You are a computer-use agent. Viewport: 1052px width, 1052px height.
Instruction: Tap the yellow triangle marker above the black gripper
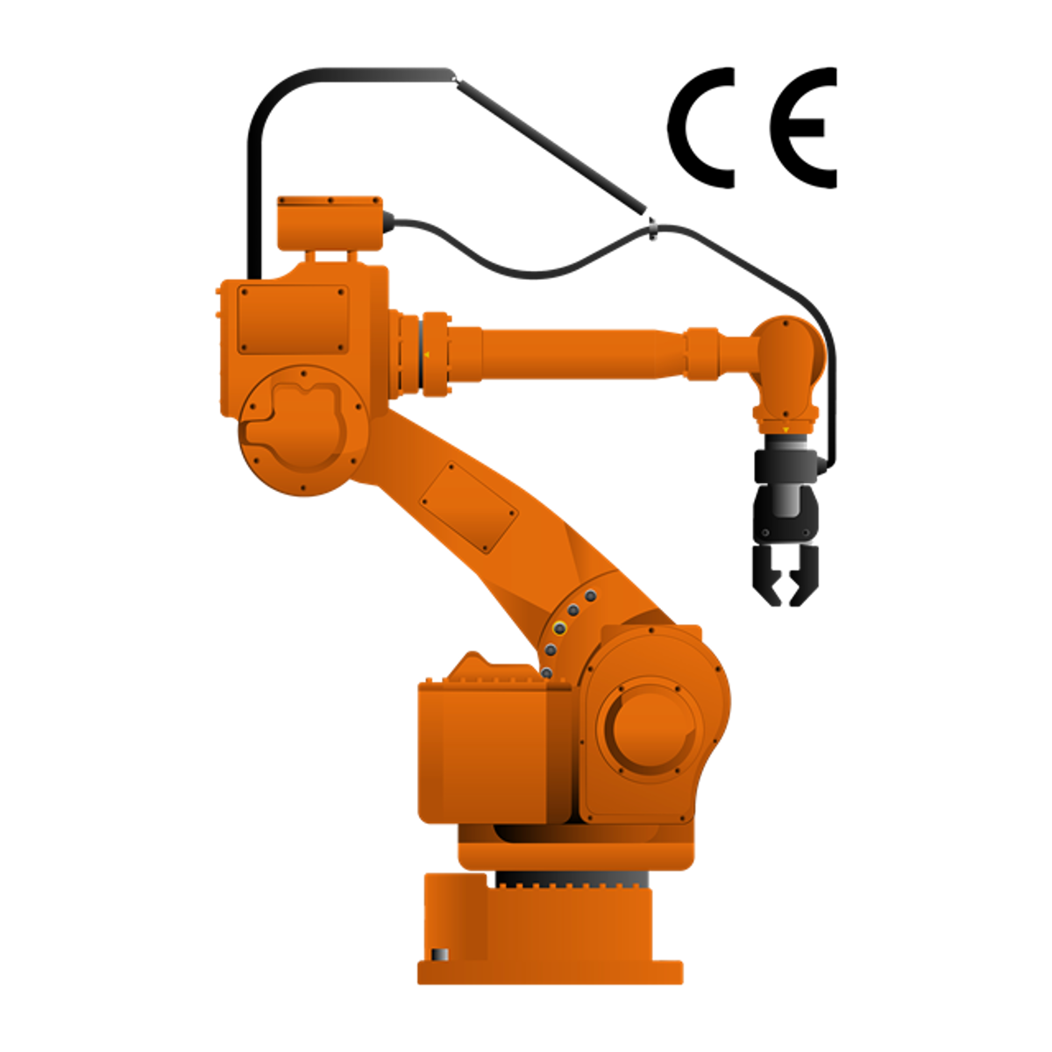785,430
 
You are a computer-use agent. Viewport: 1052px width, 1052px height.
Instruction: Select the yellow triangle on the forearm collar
427,355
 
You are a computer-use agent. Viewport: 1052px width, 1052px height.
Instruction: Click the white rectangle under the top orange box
331,256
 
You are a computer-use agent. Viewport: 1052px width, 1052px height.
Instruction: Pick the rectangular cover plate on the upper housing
293,319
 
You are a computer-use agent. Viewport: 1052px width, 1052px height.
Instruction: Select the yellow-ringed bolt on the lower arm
558,628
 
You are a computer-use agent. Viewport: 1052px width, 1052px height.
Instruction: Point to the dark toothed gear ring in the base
570,878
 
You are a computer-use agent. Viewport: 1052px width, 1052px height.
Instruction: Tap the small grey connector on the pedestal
439,954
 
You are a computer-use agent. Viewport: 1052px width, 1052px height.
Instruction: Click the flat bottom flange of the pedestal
550,973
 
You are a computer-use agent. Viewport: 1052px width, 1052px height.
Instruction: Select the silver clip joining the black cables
654,232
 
